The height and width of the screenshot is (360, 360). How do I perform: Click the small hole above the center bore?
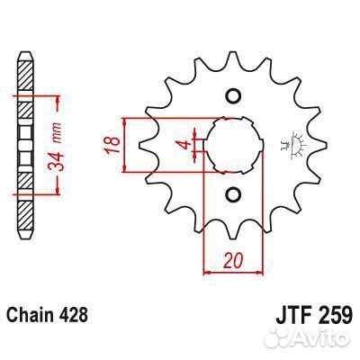coord(233,96)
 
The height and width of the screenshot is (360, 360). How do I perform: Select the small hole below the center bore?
coord(233,193)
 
